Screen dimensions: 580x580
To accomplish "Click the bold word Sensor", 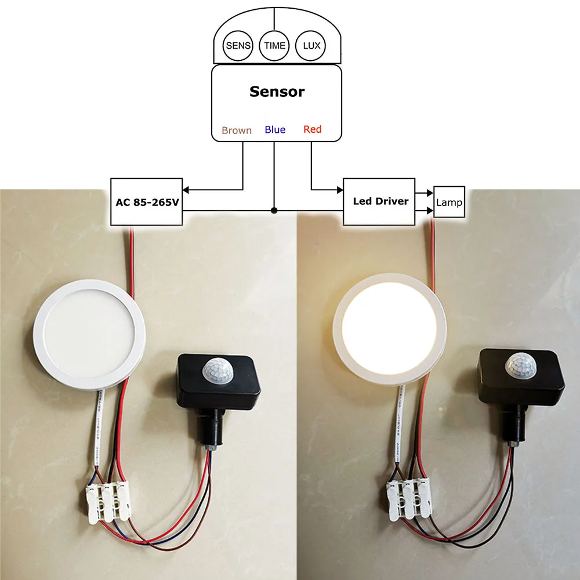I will (x=277, y=92).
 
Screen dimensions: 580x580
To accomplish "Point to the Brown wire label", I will (x=237, y=130).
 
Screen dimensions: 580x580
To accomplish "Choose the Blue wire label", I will (x=275, y=129).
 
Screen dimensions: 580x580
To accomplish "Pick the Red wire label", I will (x=312, y=129).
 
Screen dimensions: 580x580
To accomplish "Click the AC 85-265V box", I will (x=147, y=202).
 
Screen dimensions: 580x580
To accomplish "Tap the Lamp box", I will (x=449, y=202).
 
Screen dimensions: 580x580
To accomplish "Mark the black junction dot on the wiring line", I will (x=274, y=210).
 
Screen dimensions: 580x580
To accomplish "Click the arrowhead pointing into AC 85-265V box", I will (x=187, y=188).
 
